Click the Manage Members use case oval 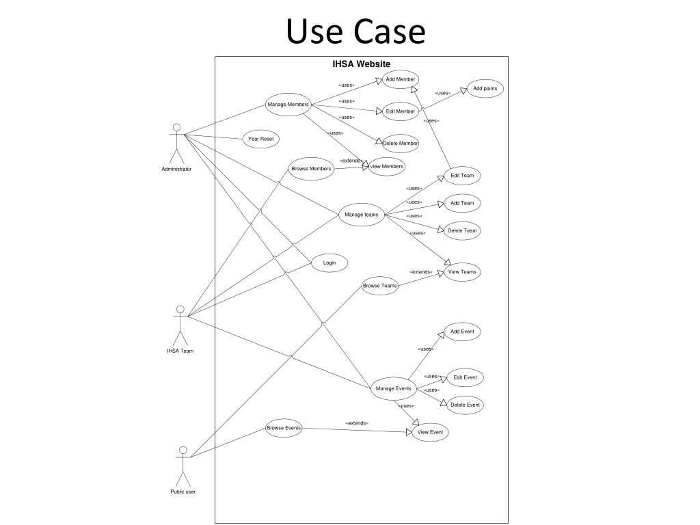click(288, 105)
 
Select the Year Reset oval click(260, 139)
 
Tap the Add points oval click(485, 89)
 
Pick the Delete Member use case click(401, 143)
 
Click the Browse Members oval click(311, 168)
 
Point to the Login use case click(329, 262)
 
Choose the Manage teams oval click(361, 215)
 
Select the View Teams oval click(462, 272)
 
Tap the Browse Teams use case click(379, 286)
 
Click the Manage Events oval click(394, 389)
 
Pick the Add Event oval click(462, 332)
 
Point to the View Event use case click(431, 432)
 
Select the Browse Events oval click(284, 429)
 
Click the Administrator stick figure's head click(176, 127)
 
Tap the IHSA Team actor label click(180, 351)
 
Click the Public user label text click(183, 492)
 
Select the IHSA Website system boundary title click(361, 64)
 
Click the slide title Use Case click(355, 31)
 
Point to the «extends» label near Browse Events click(357, 423)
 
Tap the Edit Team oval click(462, 176)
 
